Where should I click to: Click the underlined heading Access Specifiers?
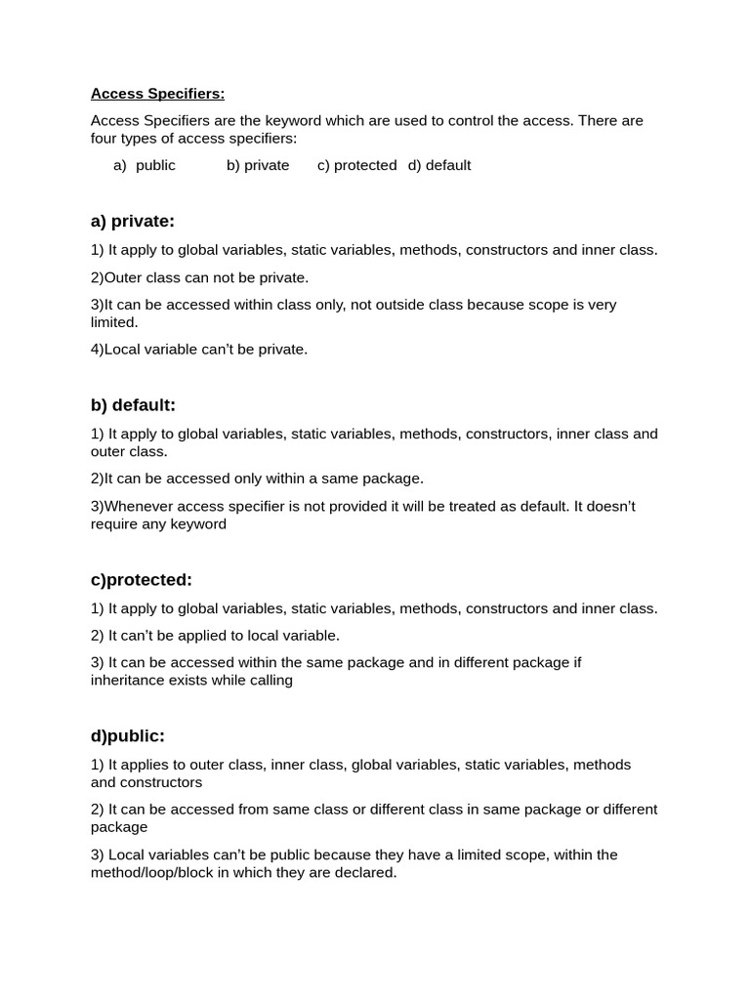click(x=157, y=94)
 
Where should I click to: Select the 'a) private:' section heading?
click(x=133, y=221)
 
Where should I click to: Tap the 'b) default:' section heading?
click(x=133, y=405)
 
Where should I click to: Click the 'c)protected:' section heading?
click(x=142, y=580)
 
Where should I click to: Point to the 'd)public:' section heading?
click(x=128, y=735)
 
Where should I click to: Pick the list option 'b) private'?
click(x=258, y=165)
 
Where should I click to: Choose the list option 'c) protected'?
click(x=356, y=165)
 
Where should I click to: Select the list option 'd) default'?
click(x=439, y=165)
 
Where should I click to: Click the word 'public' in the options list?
click(x=155, y=165)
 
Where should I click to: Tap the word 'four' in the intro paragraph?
click(x=104, y=139)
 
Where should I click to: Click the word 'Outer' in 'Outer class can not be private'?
click(x=124, y=277)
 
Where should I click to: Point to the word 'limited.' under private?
click(x=114, y=322)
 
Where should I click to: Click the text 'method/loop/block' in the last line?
click(x=151, y=872)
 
